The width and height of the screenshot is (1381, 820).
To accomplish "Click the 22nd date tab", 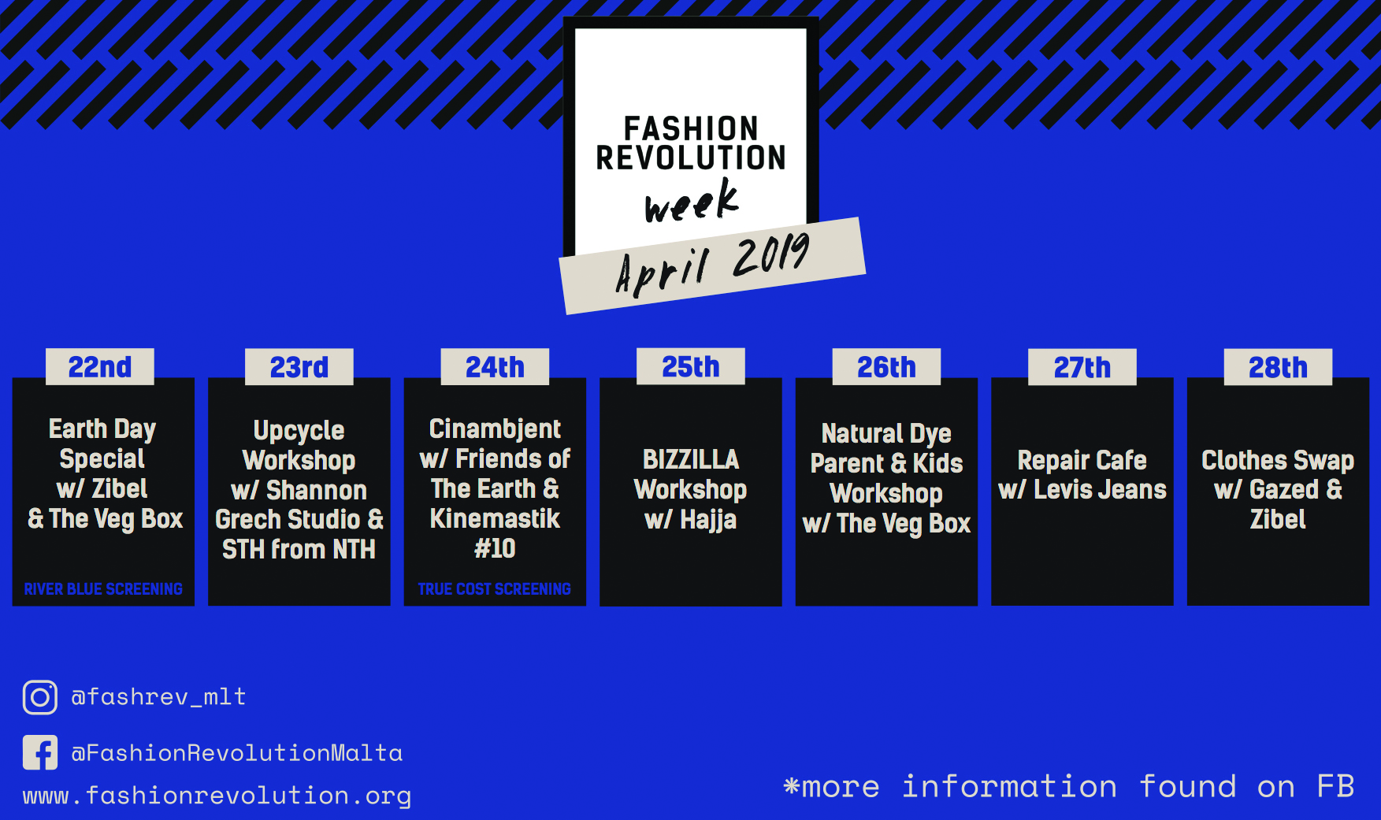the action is [100, 367].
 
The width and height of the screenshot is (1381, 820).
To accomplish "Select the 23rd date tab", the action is [299, 367].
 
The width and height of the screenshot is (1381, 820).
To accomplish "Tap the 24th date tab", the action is [495, 367].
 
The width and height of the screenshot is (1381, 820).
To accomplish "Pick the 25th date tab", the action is [691, 366].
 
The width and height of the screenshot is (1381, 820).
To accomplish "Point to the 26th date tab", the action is [887, 367].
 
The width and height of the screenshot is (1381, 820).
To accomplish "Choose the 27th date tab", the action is [1082, 367].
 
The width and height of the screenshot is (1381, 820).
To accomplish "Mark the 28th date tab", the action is [1278, 367].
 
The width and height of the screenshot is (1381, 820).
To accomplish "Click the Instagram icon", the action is [40, 697].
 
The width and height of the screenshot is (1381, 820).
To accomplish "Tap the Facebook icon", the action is [40, 752].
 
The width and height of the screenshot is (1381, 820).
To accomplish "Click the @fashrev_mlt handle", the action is [158, 696].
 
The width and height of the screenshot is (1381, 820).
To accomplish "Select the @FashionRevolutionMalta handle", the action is [237, 753].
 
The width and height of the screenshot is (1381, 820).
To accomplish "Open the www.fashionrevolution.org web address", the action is [217, 796].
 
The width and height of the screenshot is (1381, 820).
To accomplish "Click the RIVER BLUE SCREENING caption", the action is [103, 589].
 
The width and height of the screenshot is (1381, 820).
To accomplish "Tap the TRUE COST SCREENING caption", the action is [495, 589].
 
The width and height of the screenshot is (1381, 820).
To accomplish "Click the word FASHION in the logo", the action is [691, 128].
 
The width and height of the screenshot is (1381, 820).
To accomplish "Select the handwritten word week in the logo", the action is [692, 200].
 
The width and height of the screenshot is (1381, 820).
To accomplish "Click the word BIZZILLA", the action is [691, 459].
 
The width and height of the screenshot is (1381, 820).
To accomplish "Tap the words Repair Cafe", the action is [1082, 460].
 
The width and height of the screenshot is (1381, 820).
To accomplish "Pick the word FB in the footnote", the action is [1336, 786].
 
